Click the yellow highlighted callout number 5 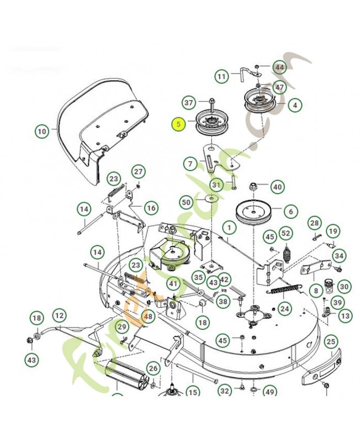[x=178, y=124]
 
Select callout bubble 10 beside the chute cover [x=43, y=131]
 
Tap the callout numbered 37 [x=190, y=103]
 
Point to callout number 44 [x=279, y=68]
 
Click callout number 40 [x=277, y=187]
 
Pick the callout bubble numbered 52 [x=285, y=234]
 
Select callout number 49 [x=269, y=392]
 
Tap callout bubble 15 [x=192, y=393]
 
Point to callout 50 [x=187, y=203]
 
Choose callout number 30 [x=344, y=287]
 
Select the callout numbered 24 [x=284, y=308]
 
